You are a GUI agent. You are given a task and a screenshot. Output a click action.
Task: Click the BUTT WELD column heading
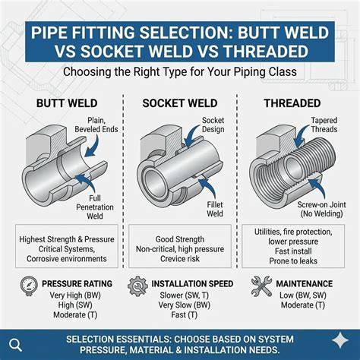coord(67,103)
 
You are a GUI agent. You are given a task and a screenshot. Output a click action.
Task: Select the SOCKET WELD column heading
coord(180,103)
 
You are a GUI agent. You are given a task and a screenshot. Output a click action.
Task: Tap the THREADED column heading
coord(292,103)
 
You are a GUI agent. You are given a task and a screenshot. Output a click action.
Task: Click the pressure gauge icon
coord(29,286)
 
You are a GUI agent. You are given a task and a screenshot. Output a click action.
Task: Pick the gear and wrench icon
coord(137,286)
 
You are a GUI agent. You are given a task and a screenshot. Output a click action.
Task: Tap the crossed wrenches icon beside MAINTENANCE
coord(261,286)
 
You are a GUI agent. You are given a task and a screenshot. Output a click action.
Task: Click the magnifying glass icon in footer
coord(15,345)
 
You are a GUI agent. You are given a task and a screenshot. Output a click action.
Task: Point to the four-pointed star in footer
coord(340,340)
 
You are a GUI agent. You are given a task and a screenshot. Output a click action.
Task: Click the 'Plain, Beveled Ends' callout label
coord(96,125)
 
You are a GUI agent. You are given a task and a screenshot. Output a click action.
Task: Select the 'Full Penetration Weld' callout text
coord(95,207)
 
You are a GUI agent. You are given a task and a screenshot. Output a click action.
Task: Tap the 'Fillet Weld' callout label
coord(215,209)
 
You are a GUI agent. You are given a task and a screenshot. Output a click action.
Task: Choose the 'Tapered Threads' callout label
coord(324,125)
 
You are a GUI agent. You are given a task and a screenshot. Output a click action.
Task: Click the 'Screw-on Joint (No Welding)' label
coord(321,209)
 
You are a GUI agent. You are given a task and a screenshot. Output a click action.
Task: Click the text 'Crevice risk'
coord(180,259)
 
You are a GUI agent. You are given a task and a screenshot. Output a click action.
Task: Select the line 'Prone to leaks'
coord(293,261)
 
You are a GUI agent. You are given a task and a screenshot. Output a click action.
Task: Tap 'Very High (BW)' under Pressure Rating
coord(75,295)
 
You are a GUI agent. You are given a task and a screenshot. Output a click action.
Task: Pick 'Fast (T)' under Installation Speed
coord(185,315)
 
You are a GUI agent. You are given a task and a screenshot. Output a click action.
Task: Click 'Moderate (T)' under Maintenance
coord(303,305)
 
